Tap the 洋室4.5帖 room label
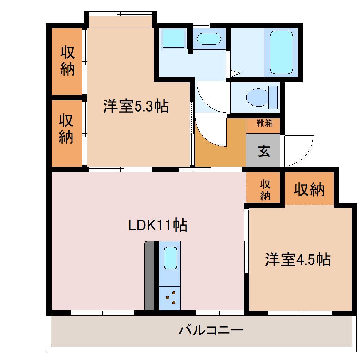298,260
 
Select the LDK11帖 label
157,225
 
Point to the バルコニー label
211,331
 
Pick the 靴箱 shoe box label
264,124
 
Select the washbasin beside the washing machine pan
208,38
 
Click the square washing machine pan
173,38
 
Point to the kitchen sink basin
170,258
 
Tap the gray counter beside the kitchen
150,275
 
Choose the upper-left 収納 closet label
67,61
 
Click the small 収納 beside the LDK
265,190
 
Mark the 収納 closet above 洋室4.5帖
310,190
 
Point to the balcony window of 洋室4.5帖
300,313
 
